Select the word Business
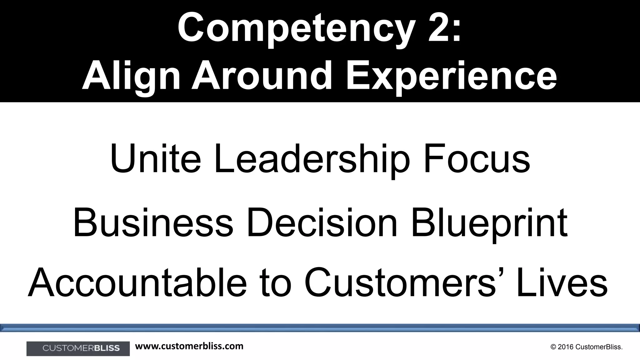(153, 222)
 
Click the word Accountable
(137, 283)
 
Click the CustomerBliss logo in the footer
(78, 348)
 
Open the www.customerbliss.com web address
(189, 346)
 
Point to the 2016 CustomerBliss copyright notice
(587, 347)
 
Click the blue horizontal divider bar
(320, 327)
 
